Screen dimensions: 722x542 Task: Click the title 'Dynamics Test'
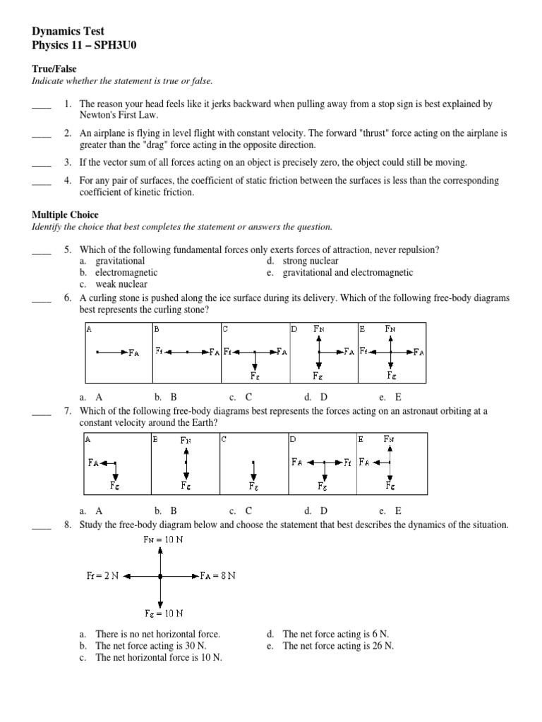pyautogui.click(x=68, y=31)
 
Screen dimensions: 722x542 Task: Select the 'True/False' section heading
pyautogui.click(x=54, y=69)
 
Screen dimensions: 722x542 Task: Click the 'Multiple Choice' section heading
pyautogui.click(x=66, y=214)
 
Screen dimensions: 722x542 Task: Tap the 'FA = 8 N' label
pyautogui.click(x=218, y=576)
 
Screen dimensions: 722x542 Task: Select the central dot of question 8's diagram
pyautogui.click(x=162, y=576)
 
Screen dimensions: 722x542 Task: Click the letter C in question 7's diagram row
pyautogui.click(x=224, y=439)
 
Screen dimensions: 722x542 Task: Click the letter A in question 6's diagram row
pyautogui.click(x=88, y=329)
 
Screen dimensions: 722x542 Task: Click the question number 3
pyautogui.click(x=68, y=162)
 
